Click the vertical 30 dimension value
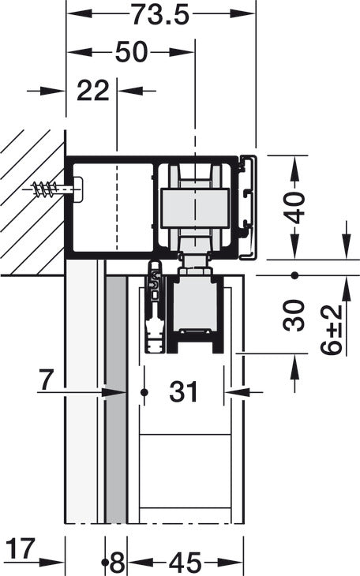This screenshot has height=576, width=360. click(x=294, y=315)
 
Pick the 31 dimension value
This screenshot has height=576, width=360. click(x=184, y=391)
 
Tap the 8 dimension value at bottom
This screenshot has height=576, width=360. click(x=117, y=563)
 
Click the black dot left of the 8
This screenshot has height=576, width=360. click(x=106, y=563)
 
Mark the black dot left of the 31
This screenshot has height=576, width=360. click(x=144, y=392)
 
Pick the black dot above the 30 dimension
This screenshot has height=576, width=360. click(x=294, y=275)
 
